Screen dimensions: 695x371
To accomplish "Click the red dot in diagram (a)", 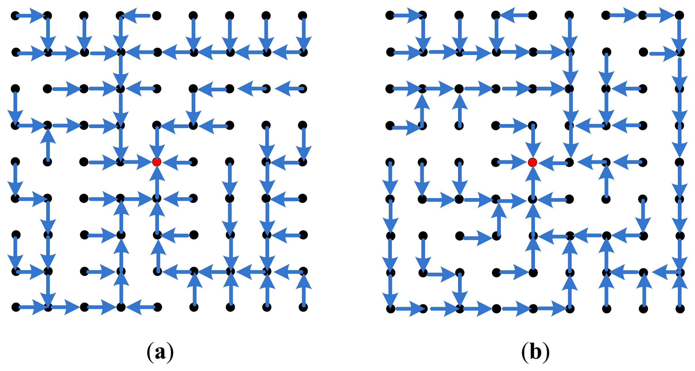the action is pos(157,162).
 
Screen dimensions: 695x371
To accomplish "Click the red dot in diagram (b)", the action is pos(532,162).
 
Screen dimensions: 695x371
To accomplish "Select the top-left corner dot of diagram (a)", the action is pos(15,16).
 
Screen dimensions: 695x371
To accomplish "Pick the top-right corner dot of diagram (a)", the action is pos(303,16).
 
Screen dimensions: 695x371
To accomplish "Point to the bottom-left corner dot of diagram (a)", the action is pos(16,307).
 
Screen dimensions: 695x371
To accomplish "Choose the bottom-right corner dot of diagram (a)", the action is pos(303,307).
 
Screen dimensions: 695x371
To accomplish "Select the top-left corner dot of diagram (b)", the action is pos(390,15).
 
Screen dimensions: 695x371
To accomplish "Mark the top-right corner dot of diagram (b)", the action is pos(679,15).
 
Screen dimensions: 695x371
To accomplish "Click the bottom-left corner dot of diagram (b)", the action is pos(390,309).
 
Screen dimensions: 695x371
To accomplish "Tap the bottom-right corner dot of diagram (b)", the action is pos(680,309).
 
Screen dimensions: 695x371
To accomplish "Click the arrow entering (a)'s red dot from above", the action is pos(157,142).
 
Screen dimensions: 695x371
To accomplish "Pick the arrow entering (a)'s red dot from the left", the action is pos(136,162).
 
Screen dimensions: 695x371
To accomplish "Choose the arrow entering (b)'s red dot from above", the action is pos(533,142).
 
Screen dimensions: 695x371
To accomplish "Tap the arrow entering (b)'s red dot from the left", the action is pos(513,163).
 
